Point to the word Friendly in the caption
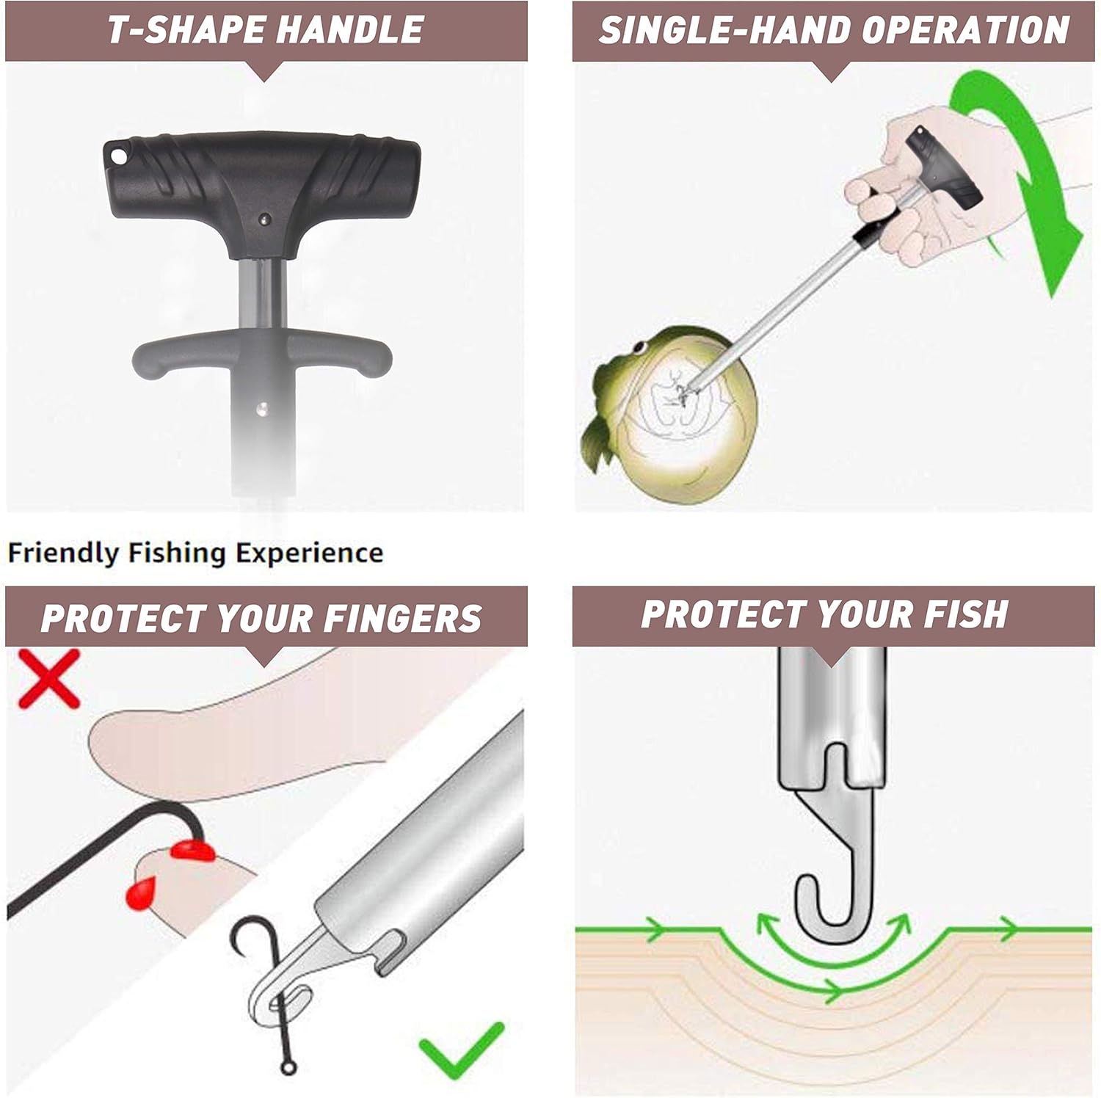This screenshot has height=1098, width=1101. point(64,553)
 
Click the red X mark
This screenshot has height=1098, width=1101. point(48,679)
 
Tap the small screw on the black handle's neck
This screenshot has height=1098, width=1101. point(266,218)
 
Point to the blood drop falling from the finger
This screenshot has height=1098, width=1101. point(137,892)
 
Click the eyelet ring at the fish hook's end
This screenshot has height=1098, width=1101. point(288,1066)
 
